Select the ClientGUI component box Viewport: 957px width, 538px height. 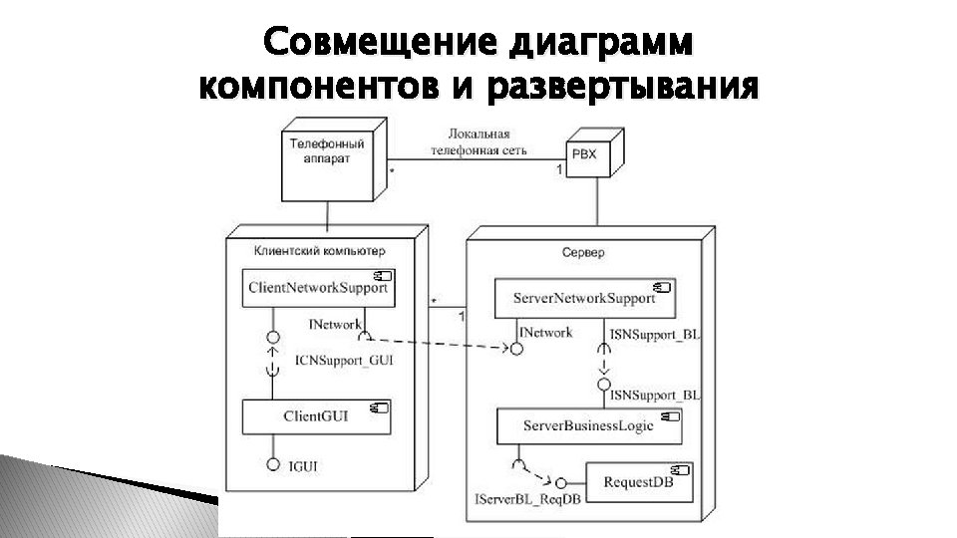(316, 416)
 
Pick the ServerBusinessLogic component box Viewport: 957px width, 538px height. (588, 425)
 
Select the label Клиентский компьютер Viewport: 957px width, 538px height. (319, 251)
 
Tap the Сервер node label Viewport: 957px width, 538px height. (583, 253)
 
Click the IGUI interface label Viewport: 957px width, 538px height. (305, 466)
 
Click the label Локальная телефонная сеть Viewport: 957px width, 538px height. (478, 140)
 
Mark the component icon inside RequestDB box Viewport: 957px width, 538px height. (683, 468)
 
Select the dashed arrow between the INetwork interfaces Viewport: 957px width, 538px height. (439, 342)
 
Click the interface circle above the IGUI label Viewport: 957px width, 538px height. (272, 464)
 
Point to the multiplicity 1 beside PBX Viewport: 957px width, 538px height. (559, 171)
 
